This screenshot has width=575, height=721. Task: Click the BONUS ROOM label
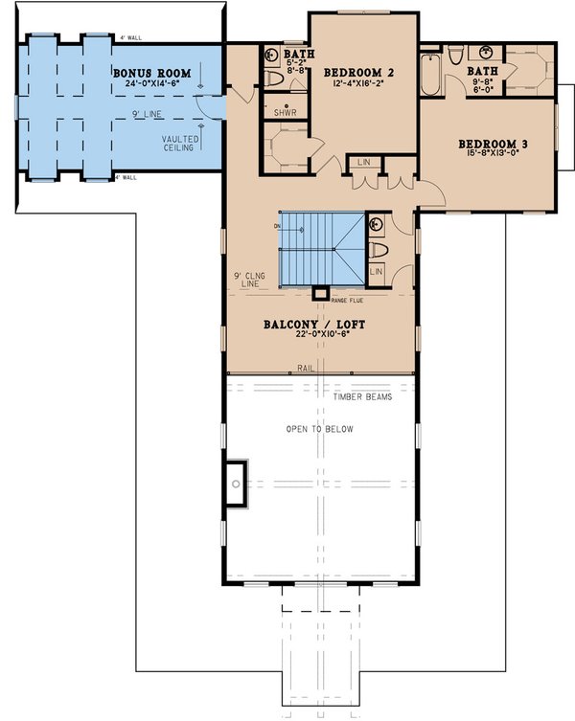click(x=151, y=73)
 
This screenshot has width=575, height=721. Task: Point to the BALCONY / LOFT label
click(x=313, y=325)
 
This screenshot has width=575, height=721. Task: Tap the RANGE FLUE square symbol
click(x=322, y=292)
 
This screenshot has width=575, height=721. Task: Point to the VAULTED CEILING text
click(x=180, y=145)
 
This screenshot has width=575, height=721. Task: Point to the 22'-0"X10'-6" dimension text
click(x=313, y=336)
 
